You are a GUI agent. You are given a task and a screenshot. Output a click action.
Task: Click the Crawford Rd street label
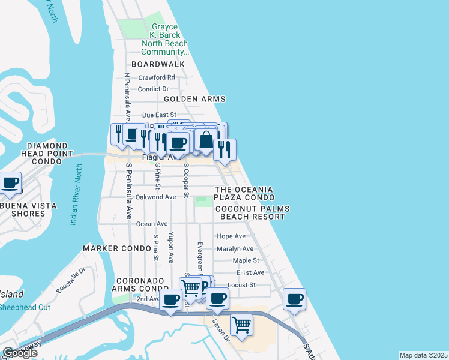(157, 77)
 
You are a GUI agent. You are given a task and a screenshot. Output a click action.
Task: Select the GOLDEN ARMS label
(194, 99)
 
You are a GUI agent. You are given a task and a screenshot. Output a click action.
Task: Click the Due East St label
(159, 115)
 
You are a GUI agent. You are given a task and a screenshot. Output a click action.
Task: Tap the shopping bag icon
(206, 140)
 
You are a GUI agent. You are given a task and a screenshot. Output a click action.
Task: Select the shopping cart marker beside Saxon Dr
(241, 325)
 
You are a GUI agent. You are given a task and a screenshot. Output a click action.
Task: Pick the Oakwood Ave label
(156, 197)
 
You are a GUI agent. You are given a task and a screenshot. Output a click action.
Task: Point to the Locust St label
(242, 284)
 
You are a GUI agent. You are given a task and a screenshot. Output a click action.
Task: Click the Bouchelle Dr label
(71, 280)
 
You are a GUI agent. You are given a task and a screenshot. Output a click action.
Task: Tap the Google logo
(20, 353)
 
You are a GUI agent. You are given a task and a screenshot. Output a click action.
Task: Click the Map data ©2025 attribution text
(423, 355)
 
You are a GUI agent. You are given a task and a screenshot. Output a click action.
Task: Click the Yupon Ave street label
(171, 247)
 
